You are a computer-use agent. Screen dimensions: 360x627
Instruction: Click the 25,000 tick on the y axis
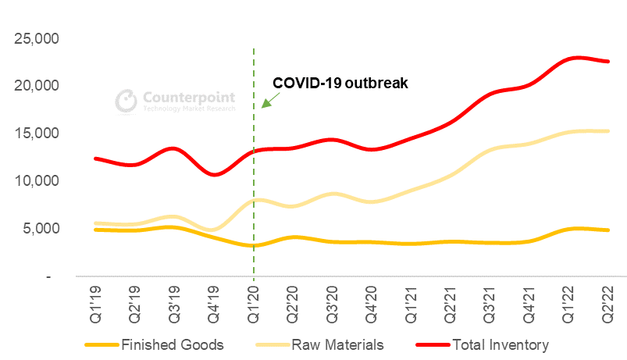click(39, 38)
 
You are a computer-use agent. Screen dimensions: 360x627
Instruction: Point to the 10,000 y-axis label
click(39, 180)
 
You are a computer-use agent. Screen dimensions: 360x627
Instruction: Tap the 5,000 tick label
click(43, 229)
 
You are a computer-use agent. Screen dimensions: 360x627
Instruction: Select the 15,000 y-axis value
click(39, 134)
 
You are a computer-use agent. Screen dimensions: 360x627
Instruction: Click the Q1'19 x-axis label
click(97, 301)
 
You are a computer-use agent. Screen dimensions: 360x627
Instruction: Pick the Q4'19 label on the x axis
click(215, 301)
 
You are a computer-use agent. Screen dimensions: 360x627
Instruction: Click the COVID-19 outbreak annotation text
click(340, 83)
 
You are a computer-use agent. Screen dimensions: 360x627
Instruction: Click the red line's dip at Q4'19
click(215, 174)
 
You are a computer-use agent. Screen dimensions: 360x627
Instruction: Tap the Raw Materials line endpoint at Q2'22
click(607, 131)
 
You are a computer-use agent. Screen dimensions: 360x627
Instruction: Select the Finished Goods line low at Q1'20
click(254, 246)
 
